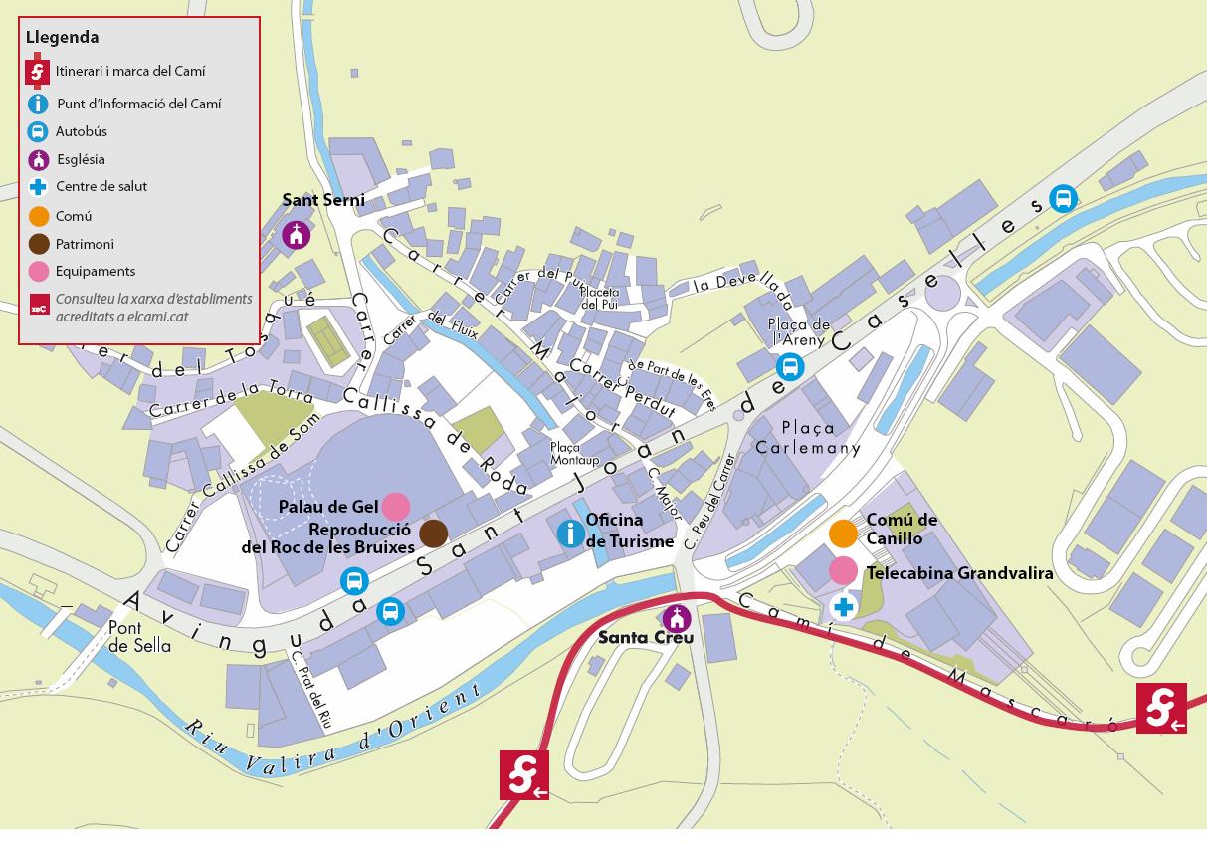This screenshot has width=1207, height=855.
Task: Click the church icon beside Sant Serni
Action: pos(296,235)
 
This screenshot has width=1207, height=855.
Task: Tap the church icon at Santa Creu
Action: pos(677,617)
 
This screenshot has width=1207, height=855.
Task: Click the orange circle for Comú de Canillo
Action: pos(843,534)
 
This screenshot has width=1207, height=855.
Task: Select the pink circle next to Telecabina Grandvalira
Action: pos(843,570)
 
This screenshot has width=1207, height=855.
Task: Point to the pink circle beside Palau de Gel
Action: pos(396,506)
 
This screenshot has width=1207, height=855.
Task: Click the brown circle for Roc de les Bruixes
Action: pos(433,534)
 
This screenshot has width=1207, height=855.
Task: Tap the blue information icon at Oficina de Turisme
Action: pos(570,533)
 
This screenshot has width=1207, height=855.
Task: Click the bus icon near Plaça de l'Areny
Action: pos(790,367)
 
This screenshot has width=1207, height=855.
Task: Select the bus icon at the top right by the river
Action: pos(1064,199)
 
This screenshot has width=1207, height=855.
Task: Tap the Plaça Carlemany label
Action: pos(807,438)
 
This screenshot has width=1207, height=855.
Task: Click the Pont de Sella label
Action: pos(139,637)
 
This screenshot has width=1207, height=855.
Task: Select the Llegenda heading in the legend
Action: pos(62,38)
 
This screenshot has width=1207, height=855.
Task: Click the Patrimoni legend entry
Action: pos(85,244)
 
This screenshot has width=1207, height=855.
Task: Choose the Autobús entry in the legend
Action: pos(81,131)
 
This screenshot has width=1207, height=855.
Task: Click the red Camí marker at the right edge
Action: pos(1161,708)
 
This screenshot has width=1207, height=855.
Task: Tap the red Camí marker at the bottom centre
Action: pos(524,774)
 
